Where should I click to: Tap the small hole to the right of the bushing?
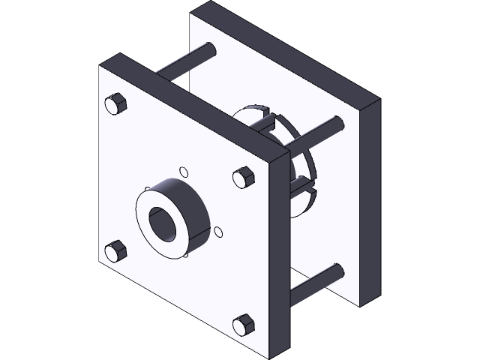tap(218, 232)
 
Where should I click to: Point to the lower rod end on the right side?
tap(338, 271)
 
